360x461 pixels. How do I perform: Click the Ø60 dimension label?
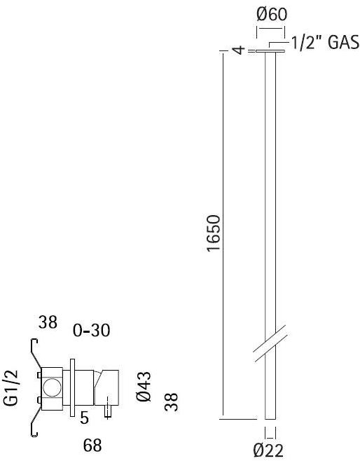(270, 13)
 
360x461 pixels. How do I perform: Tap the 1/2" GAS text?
(326, 43)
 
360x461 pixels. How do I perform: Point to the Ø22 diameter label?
(270, 450)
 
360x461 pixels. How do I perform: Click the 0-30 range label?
(92, 329)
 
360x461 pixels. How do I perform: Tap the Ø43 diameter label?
(144, 387)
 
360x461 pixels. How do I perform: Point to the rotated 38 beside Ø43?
(172, 401)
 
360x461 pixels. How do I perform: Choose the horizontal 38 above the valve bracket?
(48, 323)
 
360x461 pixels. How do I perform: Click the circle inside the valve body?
(51, 386)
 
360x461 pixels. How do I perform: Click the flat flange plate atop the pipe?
(270, 51)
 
